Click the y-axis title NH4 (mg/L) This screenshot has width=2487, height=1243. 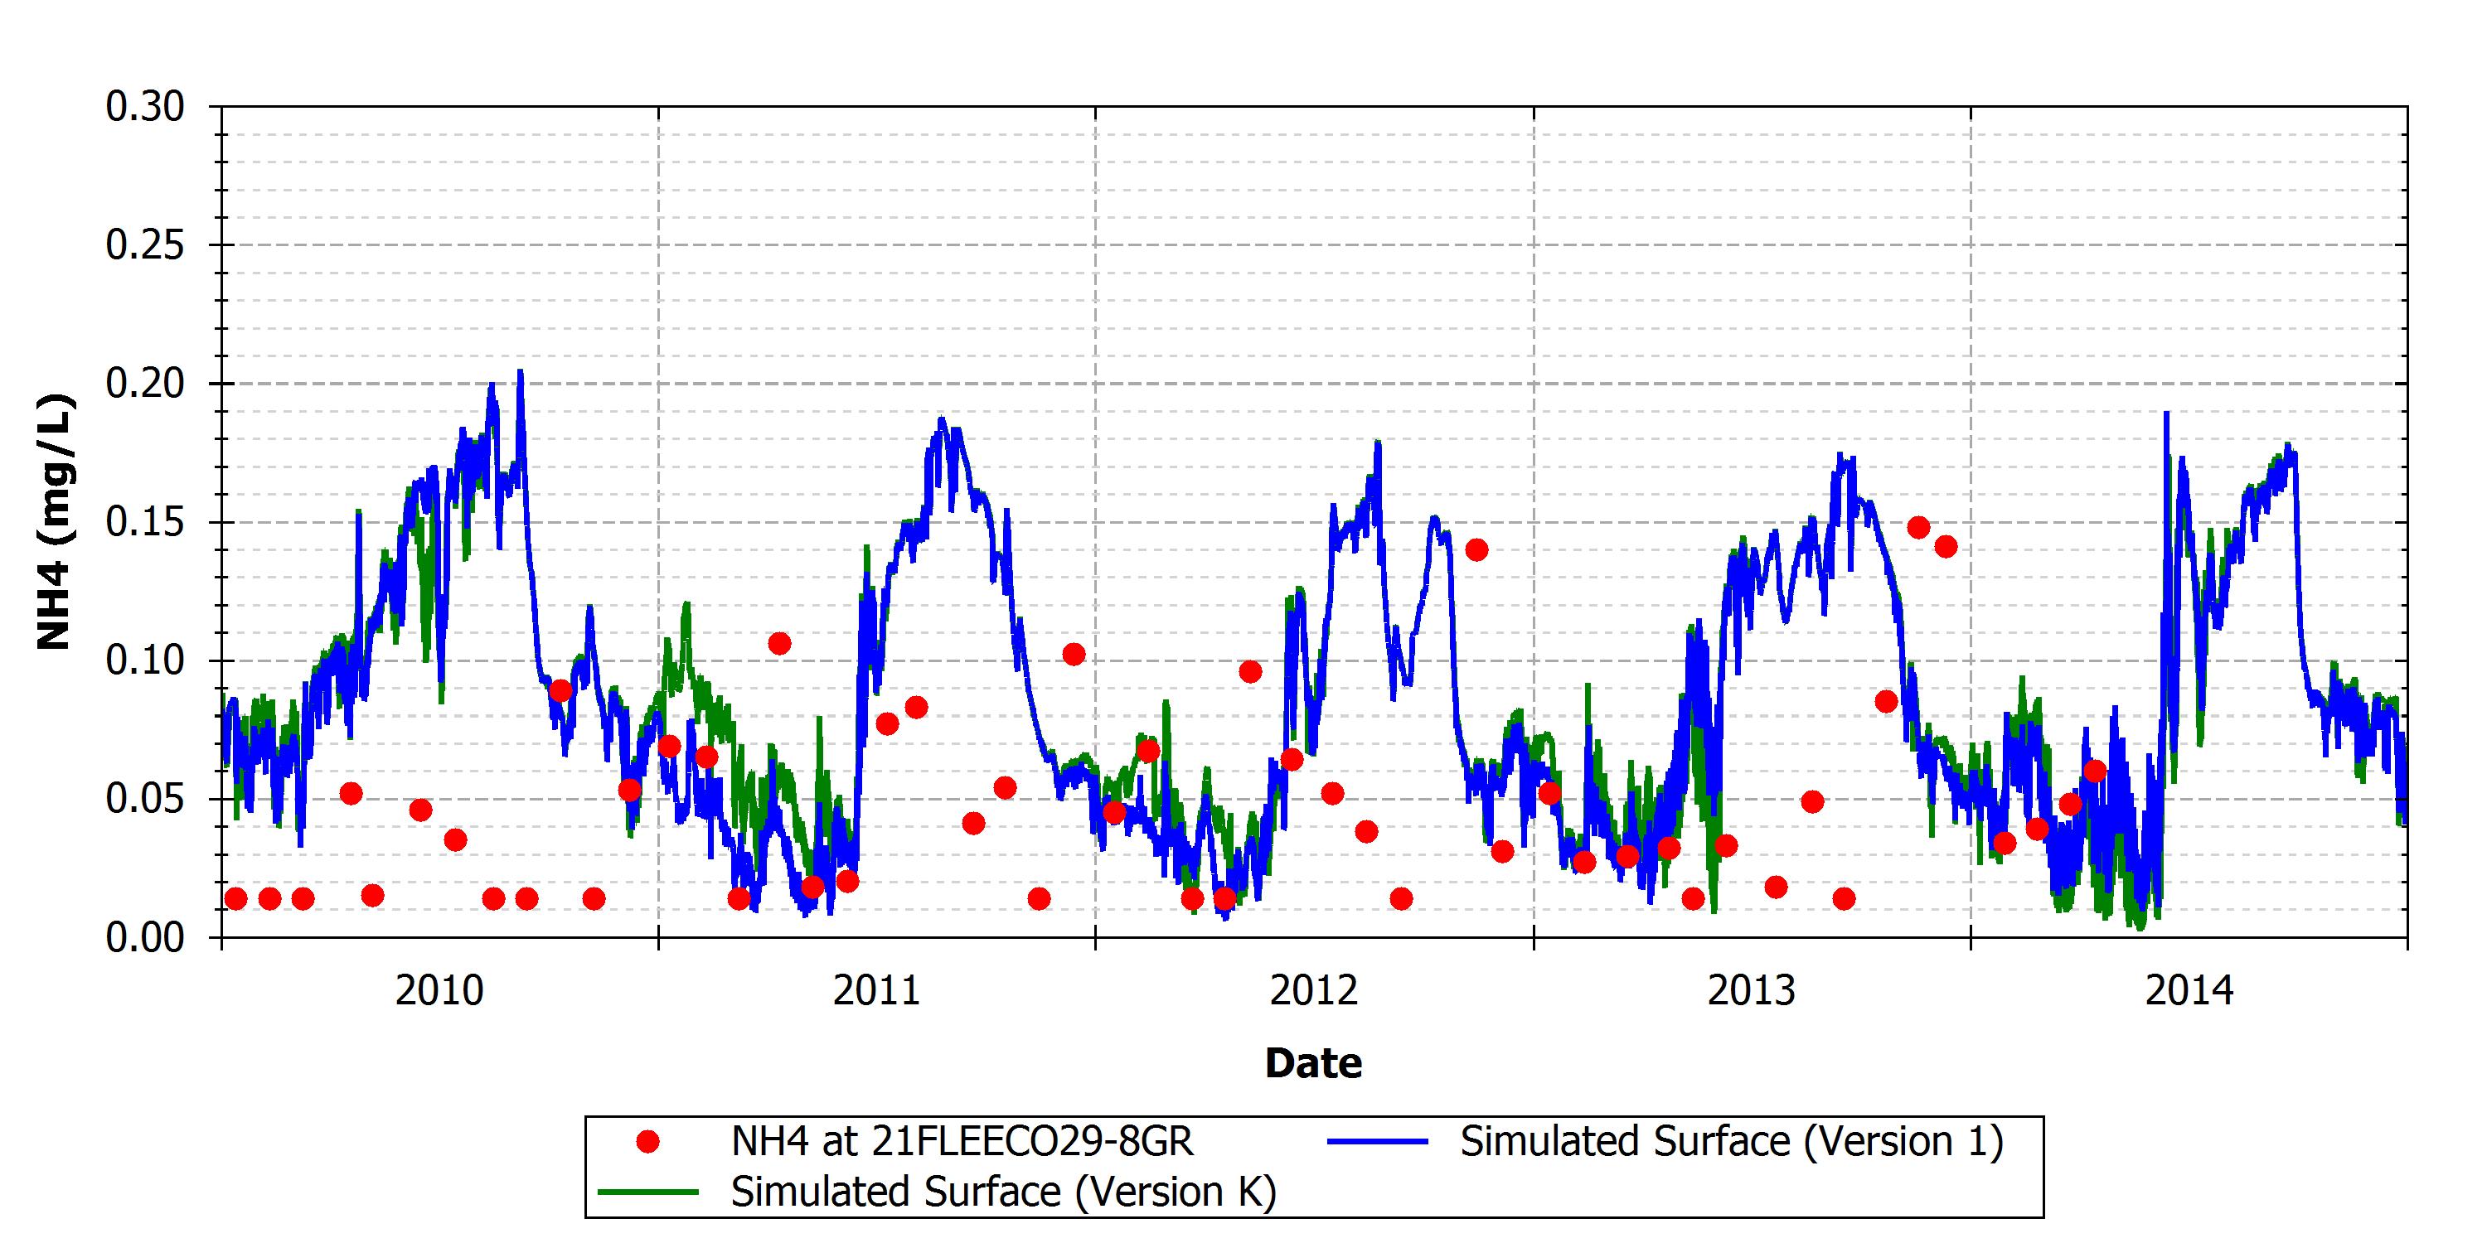tap(54, 522)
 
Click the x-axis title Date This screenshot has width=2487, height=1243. tap(1313, 1062)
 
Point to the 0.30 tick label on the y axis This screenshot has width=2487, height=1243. tap(145, 106)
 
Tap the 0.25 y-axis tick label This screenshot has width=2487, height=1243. tap(145, 245)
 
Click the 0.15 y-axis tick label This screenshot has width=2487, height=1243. tap(145, 522)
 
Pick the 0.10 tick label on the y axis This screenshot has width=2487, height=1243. tap(145, 660)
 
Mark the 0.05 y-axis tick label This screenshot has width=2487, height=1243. tap(145, 799)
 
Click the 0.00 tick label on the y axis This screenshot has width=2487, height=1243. tap(145, 937)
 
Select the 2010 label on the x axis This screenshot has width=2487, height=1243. tap(439, 991)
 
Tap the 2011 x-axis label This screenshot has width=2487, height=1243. tap(876, 991)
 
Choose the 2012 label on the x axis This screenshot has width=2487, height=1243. tap(1314, 991)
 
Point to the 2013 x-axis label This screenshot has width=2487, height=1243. tap(1752, 991)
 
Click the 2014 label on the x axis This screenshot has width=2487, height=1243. tap(2189, 991)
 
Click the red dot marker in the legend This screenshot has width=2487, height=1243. tap(647, 1142)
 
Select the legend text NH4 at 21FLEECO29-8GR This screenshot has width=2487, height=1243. tap(962, 1142)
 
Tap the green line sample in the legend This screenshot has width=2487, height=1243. tap(647, 1192)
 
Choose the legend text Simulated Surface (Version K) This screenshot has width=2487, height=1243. tap(1004, 1192)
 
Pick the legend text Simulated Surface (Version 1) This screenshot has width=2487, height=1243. tap(1732, 1142)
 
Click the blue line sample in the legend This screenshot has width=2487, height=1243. tap(1377, 1142)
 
